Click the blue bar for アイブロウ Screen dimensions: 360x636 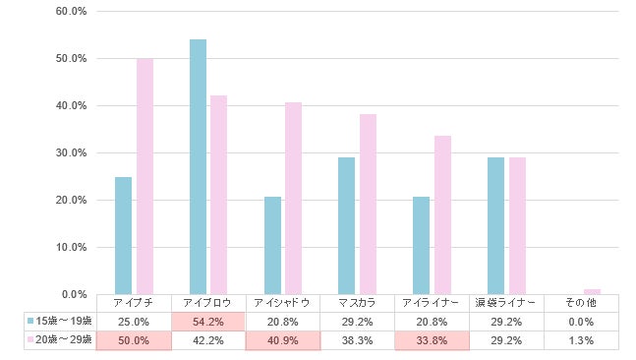198,167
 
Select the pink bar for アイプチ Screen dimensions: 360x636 145,177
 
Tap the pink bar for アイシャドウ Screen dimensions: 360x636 293,199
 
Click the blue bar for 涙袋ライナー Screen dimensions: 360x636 495,226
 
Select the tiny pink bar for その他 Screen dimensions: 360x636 591,291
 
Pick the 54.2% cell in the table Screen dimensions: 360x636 208,321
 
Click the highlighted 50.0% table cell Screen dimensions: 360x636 134,339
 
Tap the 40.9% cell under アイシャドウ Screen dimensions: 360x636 283,339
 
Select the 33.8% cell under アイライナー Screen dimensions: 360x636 433,339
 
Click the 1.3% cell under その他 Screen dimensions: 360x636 582,339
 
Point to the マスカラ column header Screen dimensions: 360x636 358,302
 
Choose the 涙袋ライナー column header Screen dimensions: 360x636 507,302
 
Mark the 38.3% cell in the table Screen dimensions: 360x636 358,339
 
